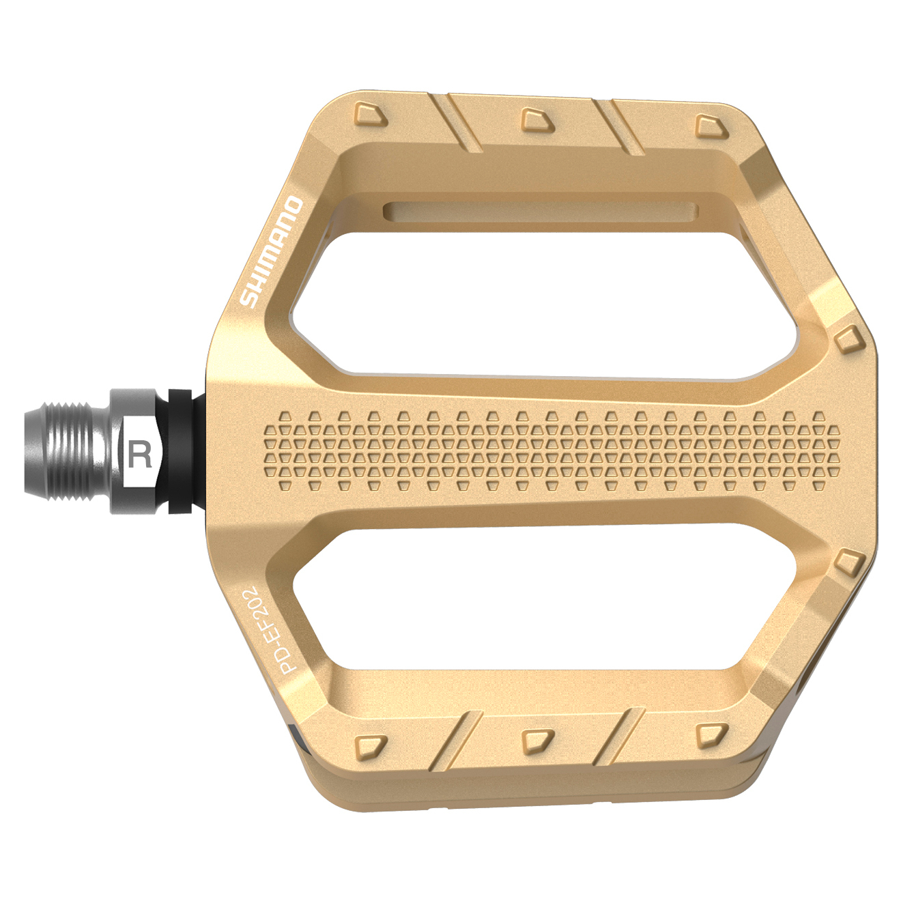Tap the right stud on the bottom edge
tap(712, 734)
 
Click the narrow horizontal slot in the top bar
tap(539, 211)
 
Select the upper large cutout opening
tap(546, 304)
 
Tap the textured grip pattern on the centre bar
tap(552, 450)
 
